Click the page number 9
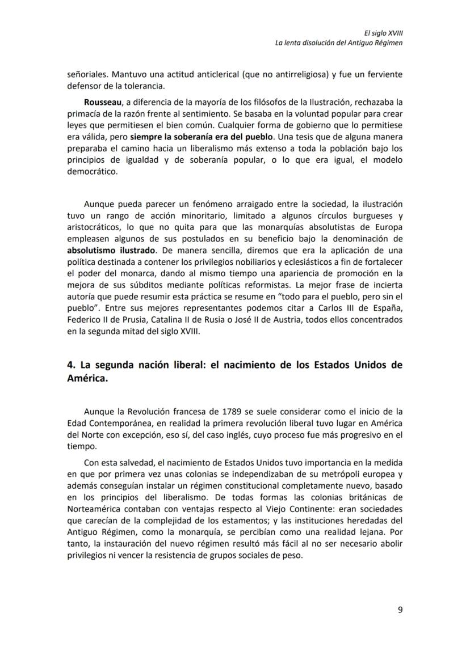pos(400,610)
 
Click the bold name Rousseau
pos(102,103)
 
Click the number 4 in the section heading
pos(70,366)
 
